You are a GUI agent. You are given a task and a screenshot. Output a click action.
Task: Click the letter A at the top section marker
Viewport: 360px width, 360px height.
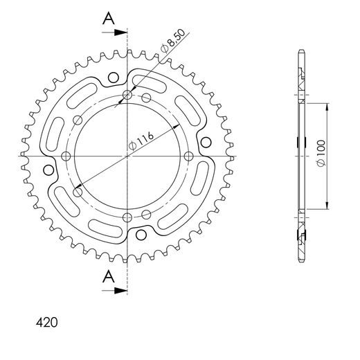pyautogui.click(x=108, y=19)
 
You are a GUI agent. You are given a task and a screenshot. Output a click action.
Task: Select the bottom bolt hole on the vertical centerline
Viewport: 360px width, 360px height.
pyautogui.click(x=127, y=218)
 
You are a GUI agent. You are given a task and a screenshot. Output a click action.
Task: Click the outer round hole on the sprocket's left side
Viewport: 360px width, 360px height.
pyautogui.click(x=48, y=170)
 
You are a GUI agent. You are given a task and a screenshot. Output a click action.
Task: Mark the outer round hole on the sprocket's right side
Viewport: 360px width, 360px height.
pyautogui.click(x=206, y=143)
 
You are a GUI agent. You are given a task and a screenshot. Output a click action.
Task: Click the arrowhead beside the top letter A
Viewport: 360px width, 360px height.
pyautogui.click(x=123, y=32)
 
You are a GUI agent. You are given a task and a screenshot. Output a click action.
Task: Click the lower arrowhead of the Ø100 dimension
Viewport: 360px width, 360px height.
pyautogui.click(x=326, y=206)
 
